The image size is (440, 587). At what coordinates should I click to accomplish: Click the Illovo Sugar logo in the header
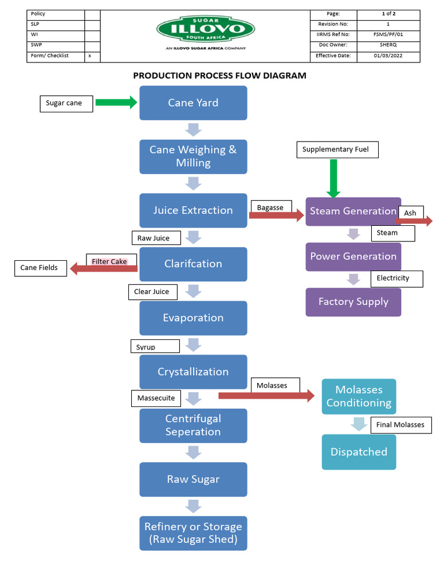206,29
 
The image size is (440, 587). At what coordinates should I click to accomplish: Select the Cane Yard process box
193,103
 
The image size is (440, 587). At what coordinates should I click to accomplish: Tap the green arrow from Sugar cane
116,103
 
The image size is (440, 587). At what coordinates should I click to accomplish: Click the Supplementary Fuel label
335,150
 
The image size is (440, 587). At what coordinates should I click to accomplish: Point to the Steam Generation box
353,211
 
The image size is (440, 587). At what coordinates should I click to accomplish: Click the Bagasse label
270,208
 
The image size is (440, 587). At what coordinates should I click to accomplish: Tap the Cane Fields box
40,268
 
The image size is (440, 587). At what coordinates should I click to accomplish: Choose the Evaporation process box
193,318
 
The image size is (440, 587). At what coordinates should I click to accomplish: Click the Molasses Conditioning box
359,397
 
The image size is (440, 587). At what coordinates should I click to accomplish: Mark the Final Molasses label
400,425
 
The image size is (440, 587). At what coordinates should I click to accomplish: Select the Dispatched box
359,452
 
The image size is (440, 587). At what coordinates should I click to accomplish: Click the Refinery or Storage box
193,533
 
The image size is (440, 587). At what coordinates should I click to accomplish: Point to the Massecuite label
156,398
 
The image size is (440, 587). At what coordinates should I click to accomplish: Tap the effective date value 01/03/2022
388,56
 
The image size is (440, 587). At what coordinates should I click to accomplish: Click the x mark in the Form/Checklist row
90,56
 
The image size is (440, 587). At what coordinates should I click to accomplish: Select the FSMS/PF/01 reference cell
388,34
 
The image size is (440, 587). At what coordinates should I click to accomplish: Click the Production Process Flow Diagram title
219,76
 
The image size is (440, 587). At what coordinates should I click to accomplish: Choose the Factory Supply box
353,302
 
